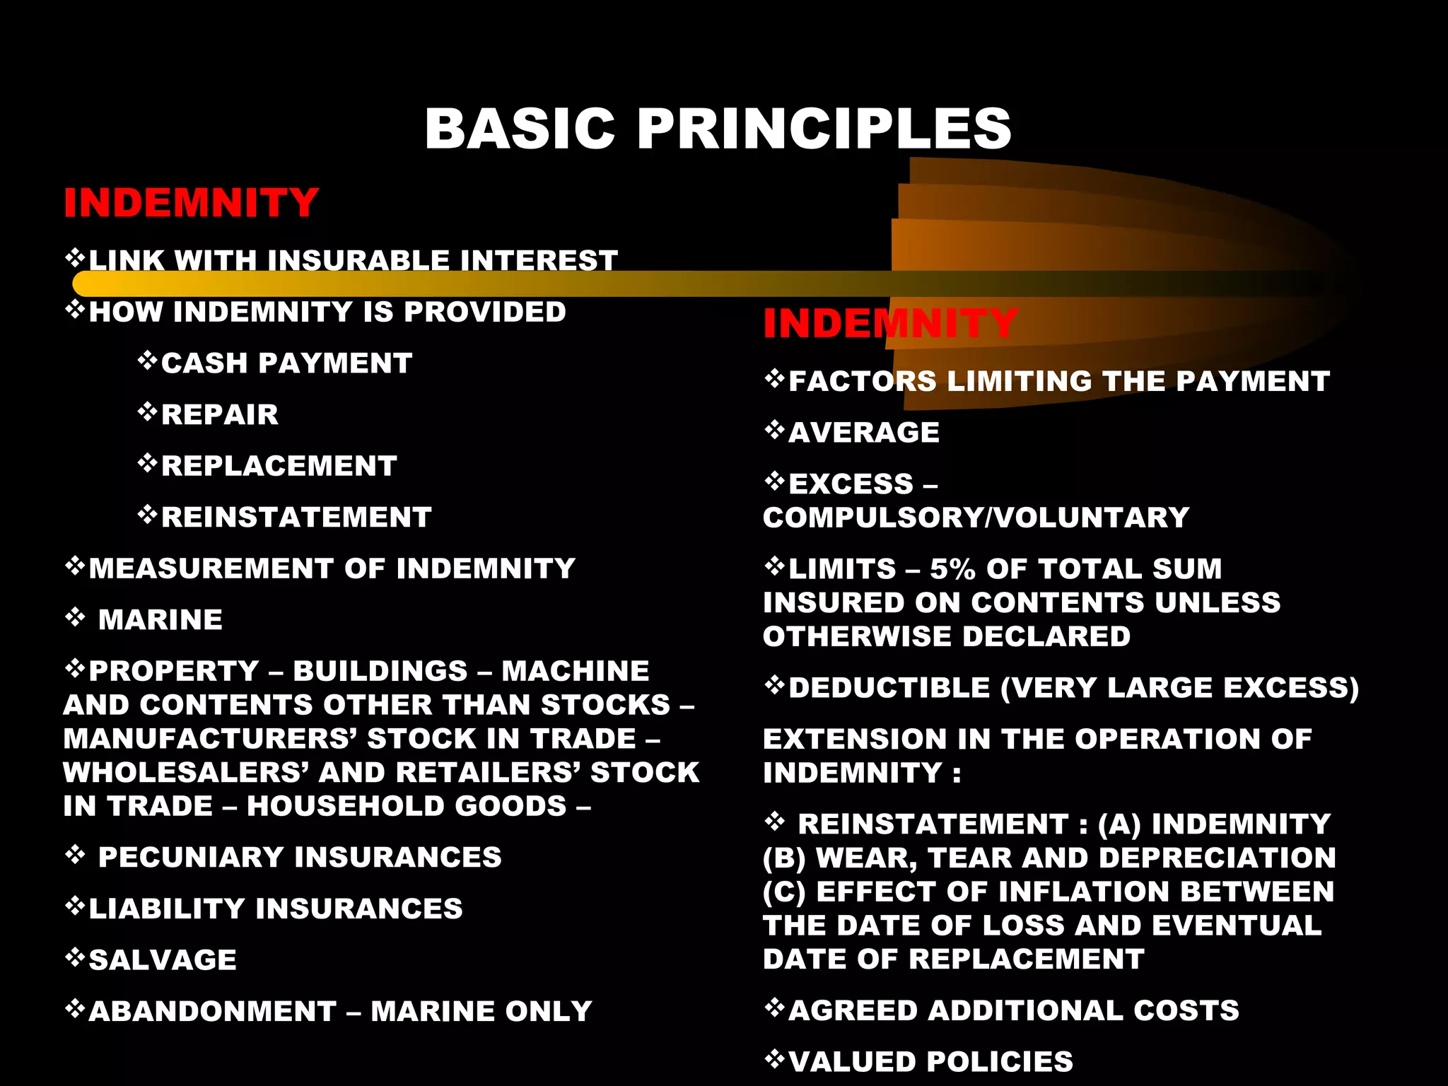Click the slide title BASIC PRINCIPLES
click(x=718, y=129)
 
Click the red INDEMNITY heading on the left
click(x=191, y=203)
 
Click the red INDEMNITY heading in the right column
click(x=890, y=324)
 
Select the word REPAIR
click(x=220, y=414)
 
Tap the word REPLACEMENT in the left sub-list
click(x=279, y=466)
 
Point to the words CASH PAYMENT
click(x=286, y=363)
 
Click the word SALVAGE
click(x=163, y=960)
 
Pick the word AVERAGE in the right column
click(x=864, y=433)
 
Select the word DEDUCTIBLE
click(x=889, y=688)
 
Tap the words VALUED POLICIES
click(x=930, y=1062)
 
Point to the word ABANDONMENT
click(x=213, y=1012)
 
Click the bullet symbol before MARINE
click(x=75, y=619)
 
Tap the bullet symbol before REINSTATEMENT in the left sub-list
click(x=147, y=515)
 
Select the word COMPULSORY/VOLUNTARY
click(x=976, y=518)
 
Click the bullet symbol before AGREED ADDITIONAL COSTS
click(x=775, y=1008)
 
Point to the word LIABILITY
click(x=167, y=909)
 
